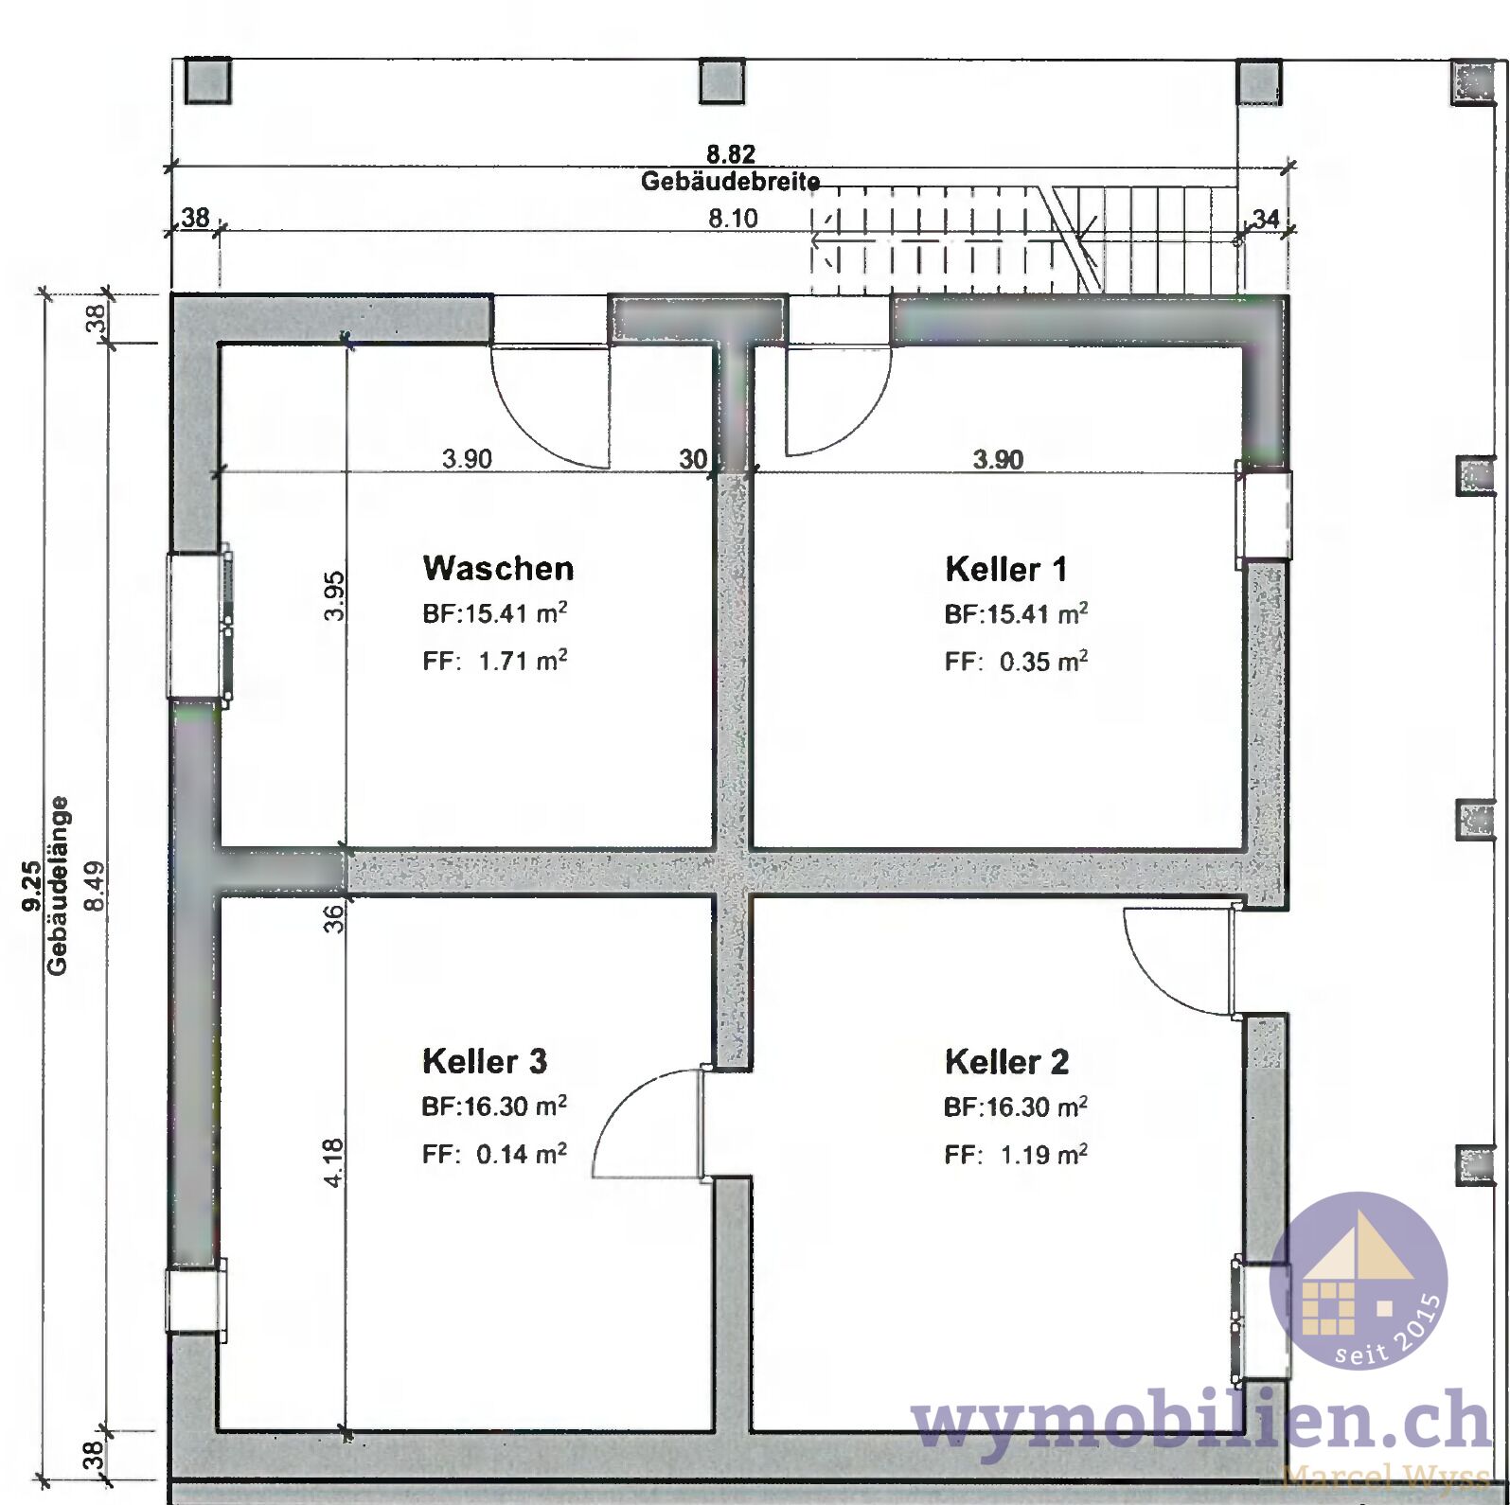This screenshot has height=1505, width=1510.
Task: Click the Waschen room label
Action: pos(498,568)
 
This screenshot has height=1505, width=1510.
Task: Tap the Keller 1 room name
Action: pos(1005,569)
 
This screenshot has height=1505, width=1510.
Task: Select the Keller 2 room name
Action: pos(1006,1062)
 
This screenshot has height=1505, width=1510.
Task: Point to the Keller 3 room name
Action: pos(485,1061)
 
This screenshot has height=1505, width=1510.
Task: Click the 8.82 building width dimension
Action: pos(731,153)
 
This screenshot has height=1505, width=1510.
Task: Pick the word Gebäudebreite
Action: pos(730,181)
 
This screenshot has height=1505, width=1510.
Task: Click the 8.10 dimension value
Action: pos(734,219)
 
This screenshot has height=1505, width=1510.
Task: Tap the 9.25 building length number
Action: pos(31,886)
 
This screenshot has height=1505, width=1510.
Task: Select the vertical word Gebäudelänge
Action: pos(58,886)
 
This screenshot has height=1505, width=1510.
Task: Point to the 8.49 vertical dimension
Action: pos(95,886)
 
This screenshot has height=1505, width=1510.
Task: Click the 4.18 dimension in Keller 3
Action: pos(333,1162)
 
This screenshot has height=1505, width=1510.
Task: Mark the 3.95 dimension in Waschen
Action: pos(333,596)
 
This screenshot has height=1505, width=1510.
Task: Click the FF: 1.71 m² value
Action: pos(495,660)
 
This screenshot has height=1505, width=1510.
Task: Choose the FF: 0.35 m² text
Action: pos(1016,661)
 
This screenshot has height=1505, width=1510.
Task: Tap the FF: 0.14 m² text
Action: pos(495,1154)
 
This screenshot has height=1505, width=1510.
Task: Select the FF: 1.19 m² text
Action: pos(1016,1154)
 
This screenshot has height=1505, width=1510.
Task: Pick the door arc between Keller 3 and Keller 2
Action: pos(620,1098)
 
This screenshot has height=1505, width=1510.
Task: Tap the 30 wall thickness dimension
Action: pos(693,459)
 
